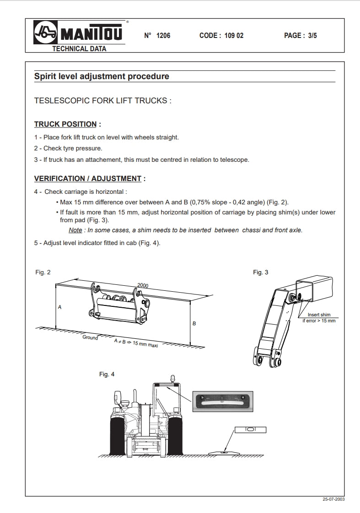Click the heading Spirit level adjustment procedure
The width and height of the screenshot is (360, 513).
coord(102,76)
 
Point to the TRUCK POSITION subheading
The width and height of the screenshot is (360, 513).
coord(65,124)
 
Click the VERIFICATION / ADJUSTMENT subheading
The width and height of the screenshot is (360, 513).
coord(87,178)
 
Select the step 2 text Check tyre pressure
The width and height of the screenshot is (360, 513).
coord(73,148)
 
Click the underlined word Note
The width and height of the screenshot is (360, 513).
coord(75,230)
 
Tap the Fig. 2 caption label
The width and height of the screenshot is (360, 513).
coord(43,273)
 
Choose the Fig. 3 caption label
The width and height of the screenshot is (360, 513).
coord(261,273)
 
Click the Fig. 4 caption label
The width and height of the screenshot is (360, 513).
coord(107,374)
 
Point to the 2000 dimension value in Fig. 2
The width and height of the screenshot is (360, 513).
coord(143,285)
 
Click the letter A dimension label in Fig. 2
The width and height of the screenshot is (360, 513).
coord(59,308)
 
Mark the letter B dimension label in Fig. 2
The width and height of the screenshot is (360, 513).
coord(194,323)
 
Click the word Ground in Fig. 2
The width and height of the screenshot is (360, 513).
coord(90,337)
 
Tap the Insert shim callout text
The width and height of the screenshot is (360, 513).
coord(319,315)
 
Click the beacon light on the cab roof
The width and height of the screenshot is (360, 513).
coord(173,379)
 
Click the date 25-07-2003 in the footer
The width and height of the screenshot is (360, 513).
coord(333,499)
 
